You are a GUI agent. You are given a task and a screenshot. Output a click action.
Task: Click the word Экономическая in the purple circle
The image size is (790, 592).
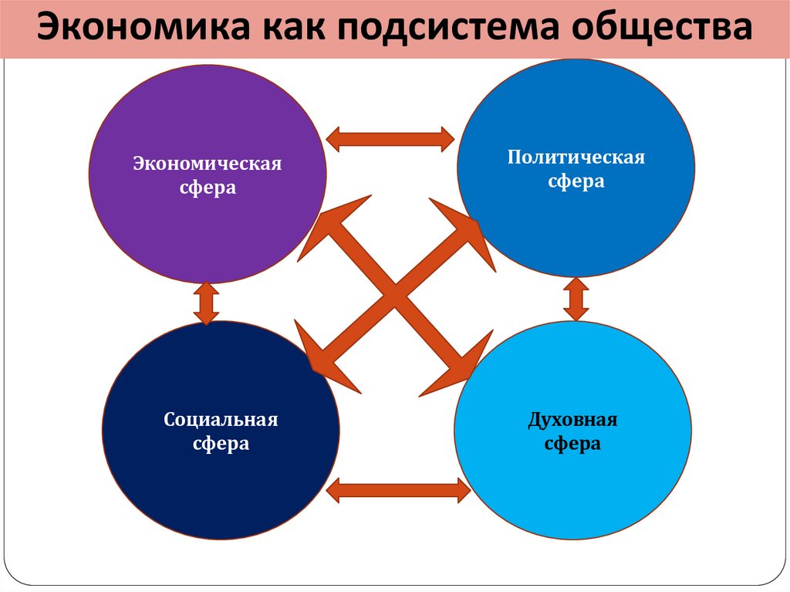(x=208, y=164)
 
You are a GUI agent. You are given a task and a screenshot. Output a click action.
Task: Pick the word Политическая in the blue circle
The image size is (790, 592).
(x=576, y=157)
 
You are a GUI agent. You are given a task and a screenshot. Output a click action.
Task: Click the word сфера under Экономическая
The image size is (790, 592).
(x=208, y=188)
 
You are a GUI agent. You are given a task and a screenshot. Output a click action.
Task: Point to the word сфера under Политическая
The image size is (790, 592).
(x=576, y=181)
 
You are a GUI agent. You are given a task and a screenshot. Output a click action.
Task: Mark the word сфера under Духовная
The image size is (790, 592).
(x=572, y=445)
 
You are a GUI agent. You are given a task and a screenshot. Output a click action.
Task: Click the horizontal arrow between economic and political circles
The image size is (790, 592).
(x=390, y=139)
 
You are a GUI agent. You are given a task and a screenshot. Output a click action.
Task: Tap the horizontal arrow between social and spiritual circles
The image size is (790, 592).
(x=398, y=490)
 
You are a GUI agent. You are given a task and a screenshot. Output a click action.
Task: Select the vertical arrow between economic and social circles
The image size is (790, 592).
(x=206, y=303)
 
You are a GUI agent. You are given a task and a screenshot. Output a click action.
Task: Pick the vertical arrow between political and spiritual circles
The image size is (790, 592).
(x=576, y=299)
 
